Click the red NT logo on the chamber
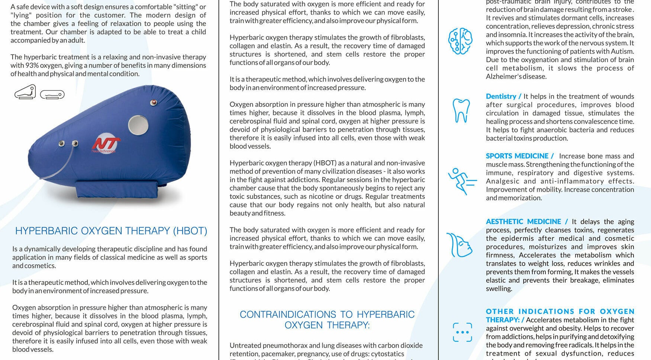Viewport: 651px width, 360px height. click(106, 145)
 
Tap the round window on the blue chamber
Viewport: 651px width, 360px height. click(138, 125)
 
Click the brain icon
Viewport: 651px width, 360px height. click(460, 41)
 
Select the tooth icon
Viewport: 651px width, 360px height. click(461, 110)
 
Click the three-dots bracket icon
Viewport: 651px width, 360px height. click(462, 332)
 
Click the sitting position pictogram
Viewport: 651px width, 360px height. click(25, 92)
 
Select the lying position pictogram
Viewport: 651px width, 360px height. click(52, 95)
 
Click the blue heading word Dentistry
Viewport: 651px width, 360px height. click(501, 96)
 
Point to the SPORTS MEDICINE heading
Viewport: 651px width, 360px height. click(517, 156)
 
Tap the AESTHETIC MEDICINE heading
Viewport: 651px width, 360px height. click(523, 222)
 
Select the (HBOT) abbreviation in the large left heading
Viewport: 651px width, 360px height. click(190, 231)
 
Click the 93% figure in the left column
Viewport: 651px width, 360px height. click(32, 65)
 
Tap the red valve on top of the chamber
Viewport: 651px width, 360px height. click(153, 102)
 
